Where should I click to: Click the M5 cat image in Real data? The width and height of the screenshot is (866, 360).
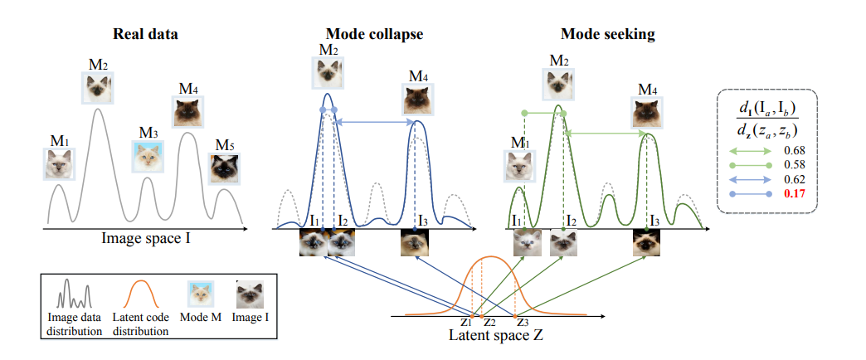(223, 168)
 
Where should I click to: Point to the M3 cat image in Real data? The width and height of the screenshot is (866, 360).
(148, 156)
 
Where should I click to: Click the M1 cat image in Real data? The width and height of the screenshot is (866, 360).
(59, 163)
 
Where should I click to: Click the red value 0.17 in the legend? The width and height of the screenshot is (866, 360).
(794, 194)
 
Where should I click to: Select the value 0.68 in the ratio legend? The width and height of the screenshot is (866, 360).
(794, 151)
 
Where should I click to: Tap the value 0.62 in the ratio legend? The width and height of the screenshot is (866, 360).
(794, 179)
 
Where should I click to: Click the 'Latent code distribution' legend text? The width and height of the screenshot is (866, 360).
(145, 325)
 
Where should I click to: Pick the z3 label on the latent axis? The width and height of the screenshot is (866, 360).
(521, 322)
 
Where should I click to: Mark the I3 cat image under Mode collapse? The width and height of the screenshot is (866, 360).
(415, 242)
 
